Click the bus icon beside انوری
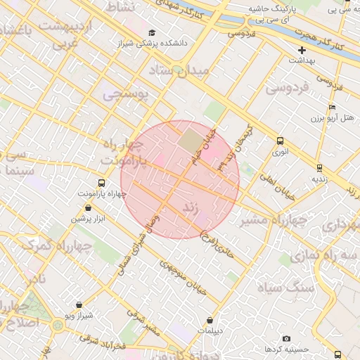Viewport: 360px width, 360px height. [281, 141]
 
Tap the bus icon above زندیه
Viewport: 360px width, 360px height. [320, 168]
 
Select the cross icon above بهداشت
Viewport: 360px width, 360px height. [302, 51]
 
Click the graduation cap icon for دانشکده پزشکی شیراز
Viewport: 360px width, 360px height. [153, 33]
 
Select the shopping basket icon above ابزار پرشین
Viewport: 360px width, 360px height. [87, 208]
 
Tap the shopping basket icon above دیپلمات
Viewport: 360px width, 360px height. [210, 321]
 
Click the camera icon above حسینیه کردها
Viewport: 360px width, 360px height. [286, 339]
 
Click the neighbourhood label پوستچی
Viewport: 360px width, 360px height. [126, 94]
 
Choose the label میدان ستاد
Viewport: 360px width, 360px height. [180, 71]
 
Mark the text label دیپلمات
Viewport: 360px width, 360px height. [210, 330]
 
